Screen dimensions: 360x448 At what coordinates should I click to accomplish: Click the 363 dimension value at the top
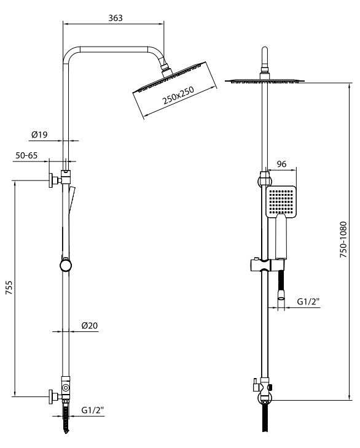(115, 18)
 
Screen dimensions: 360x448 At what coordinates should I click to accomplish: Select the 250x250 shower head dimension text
(178, 95)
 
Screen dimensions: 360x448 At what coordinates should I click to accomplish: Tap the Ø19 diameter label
(39, 134)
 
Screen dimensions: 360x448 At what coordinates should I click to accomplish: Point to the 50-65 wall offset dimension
(26, 155)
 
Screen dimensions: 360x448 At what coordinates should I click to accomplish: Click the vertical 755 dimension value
(9, 287)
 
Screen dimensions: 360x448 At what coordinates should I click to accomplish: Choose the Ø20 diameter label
(90, 325)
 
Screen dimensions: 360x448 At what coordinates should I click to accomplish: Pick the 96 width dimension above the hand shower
(281, 164)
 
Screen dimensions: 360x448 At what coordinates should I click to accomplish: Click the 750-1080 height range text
(343, 239)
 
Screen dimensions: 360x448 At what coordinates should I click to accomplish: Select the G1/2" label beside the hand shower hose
(308, 301)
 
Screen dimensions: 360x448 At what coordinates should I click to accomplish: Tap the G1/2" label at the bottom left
(93, 410)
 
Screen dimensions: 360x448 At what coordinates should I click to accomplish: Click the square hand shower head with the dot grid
(281, 201)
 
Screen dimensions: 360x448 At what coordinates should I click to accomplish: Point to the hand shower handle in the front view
(281, 237)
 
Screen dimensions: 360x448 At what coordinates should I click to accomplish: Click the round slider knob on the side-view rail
(66, 265)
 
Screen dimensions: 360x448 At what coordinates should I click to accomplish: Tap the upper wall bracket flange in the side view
(51, 180)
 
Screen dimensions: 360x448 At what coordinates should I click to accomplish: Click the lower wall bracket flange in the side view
(51, 396)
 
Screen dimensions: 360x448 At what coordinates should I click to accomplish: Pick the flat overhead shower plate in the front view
(265, 81)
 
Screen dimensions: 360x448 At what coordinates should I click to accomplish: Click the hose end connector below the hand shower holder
(281, 295)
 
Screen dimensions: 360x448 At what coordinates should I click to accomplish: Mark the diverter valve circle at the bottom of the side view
(66, 388)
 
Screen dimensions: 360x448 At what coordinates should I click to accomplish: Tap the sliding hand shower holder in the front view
(267, 265)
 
